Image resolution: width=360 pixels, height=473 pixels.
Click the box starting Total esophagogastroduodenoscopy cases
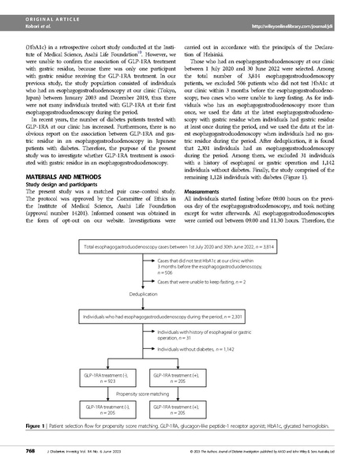[x=179, y=247]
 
